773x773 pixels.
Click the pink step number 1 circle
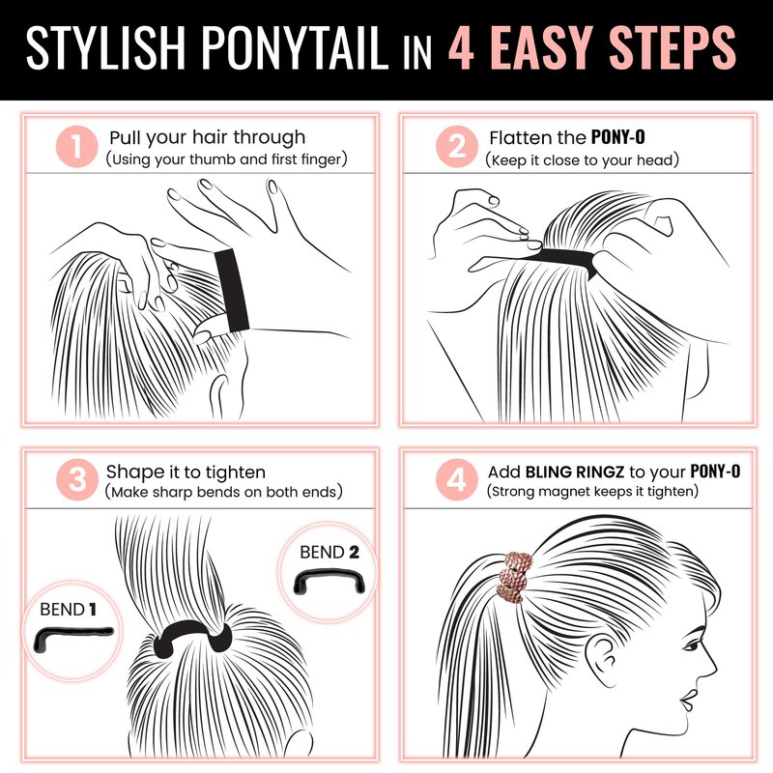tap(76, 147)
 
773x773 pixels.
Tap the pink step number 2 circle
tap(457, 147)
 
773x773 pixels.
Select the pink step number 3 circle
tap(77, 479)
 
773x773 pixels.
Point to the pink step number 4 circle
tap(457, 479)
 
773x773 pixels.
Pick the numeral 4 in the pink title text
tap(461, 47)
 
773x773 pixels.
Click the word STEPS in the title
tap(673, 47)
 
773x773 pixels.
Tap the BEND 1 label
tap(68, 610)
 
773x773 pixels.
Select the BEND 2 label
tap(329, 552)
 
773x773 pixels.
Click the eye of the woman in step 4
tap(693, 644)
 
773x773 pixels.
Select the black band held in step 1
tap(232, 290)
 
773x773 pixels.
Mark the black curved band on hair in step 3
tap(192, 628)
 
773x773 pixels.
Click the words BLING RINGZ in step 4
tap(575, 472)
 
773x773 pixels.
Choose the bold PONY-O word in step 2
tap(617, 137)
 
